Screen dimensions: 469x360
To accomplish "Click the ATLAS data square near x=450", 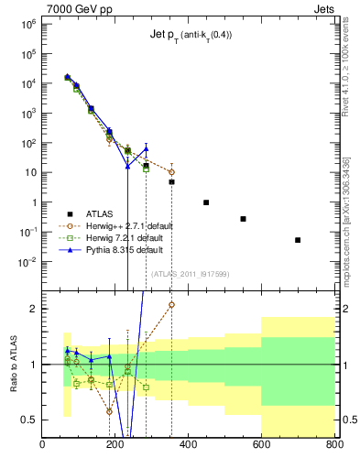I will click(x=206, y=202).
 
